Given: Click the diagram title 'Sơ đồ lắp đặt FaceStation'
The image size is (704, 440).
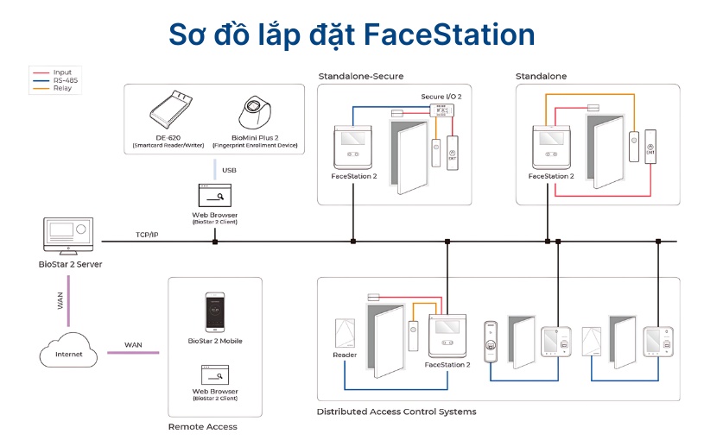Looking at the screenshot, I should pos(352,34).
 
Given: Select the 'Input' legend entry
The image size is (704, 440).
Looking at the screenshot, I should pos(62,72).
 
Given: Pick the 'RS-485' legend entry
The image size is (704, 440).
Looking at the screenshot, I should pos(66,80).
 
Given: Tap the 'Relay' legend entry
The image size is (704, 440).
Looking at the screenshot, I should pos(62,88).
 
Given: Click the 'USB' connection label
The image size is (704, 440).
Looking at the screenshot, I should pos(229,170).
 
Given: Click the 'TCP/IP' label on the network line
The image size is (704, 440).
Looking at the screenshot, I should pos(147,235).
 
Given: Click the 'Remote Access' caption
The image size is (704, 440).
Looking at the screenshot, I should pos(202,426).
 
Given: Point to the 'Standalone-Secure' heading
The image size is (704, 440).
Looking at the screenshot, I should pos(360,76).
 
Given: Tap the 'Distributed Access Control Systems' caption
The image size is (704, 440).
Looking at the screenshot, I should pos(396,412).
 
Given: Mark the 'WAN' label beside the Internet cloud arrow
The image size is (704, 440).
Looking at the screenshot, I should pos(133,345).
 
